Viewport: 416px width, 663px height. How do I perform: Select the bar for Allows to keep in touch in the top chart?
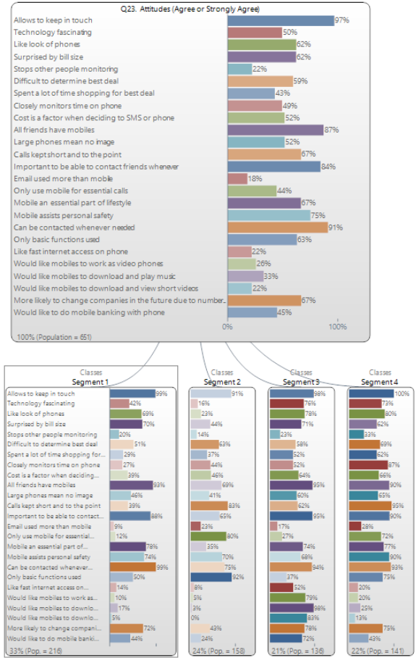280,20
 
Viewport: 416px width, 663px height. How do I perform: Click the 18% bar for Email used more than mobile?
237,178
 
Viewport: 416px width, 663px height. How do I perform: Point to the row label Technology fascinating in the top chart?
53,33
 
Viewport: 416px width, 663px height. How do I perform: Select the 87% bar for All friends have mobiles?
275,130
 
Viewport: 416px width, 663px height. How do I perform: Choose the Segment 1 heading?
91,381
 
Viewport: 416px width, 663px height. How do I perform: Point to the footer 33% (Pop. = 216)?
33,651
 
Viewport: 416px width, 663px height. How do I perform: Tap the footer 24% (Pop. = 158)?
216,651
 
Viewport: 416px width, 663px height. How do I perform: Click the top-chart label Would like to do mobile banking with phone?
88,312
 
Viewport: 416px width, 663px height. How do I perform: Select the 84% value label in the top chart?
328,167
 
